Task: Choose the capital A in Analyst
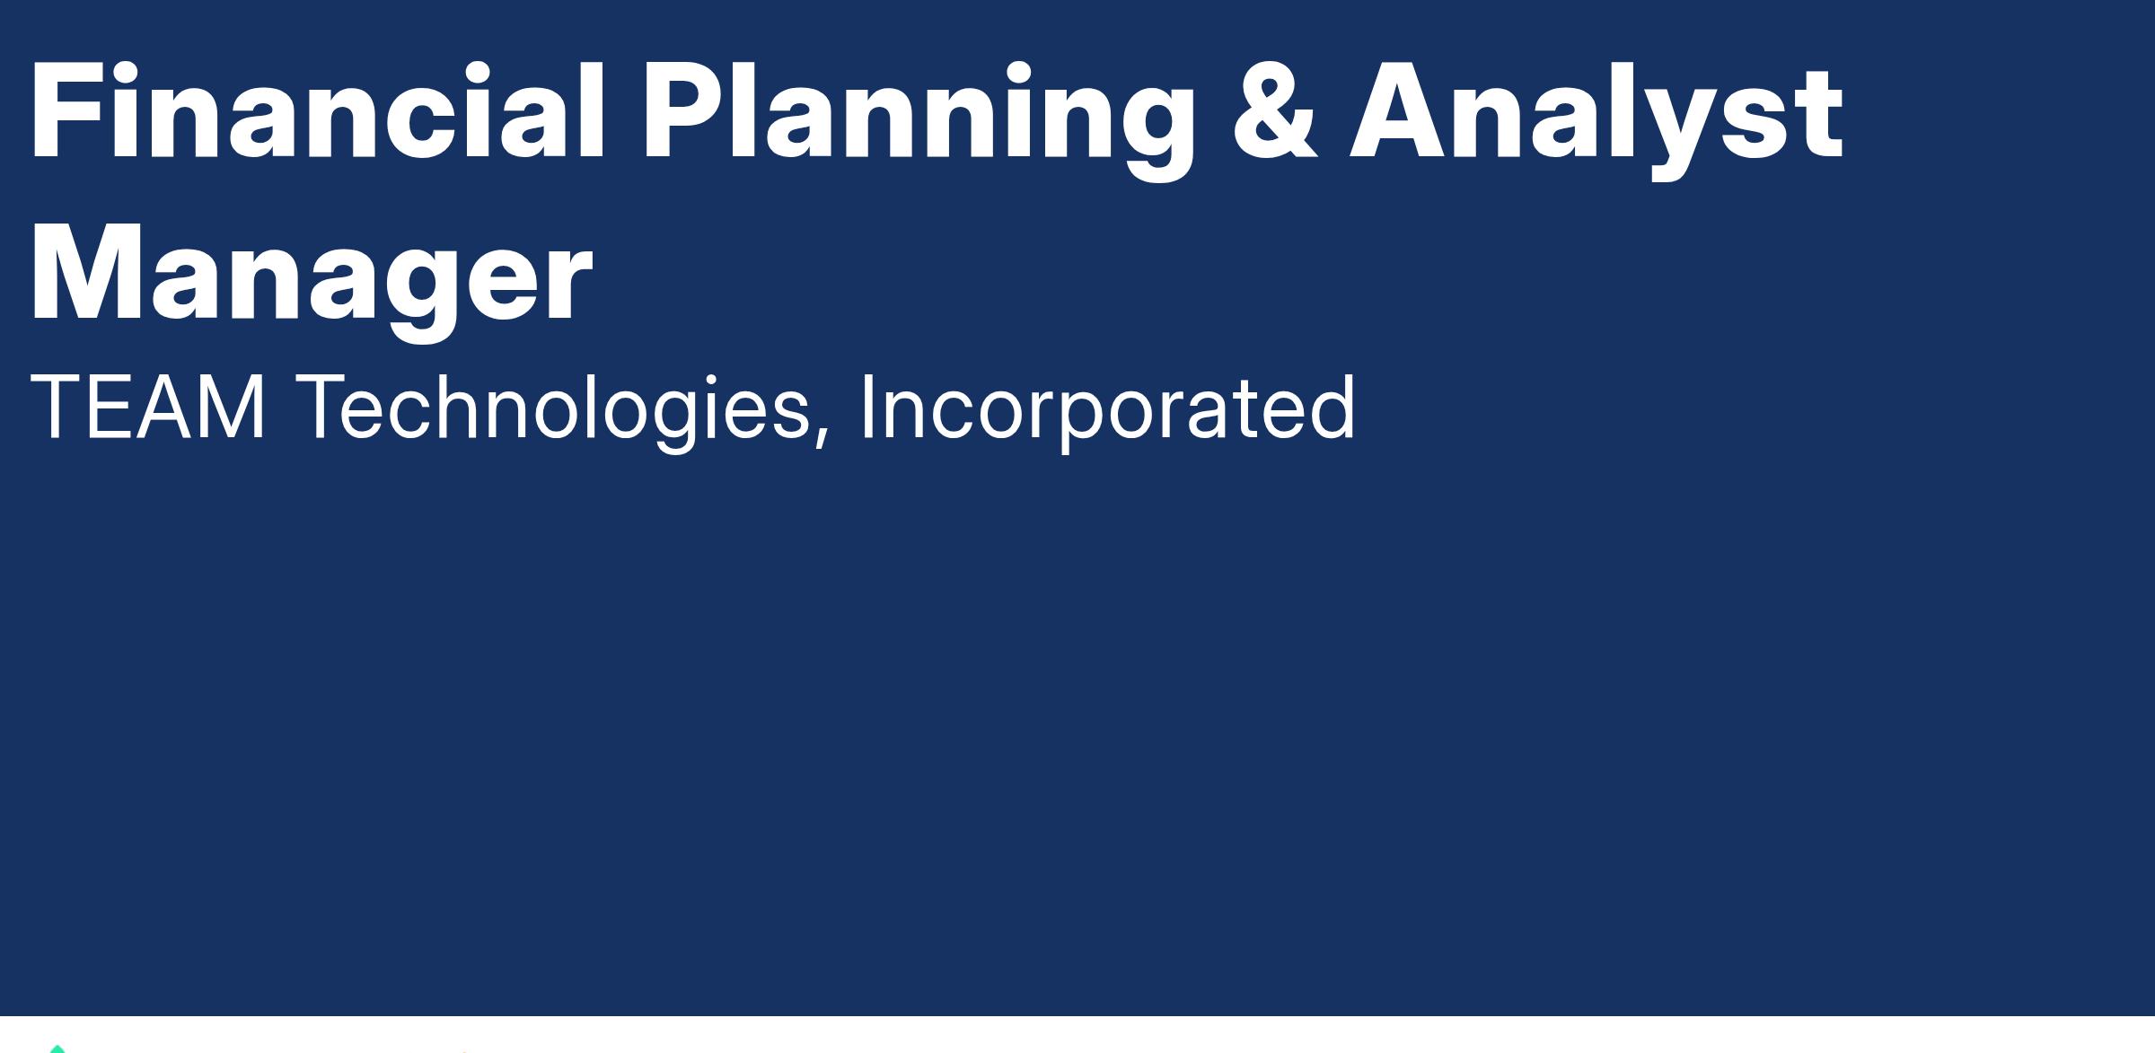tap(1403, 112)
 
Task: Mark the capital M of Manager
tap(88, 274)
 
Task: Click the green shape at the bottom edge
tap(57, 1049)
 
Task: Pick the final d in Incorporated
tap(1332, 408)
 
